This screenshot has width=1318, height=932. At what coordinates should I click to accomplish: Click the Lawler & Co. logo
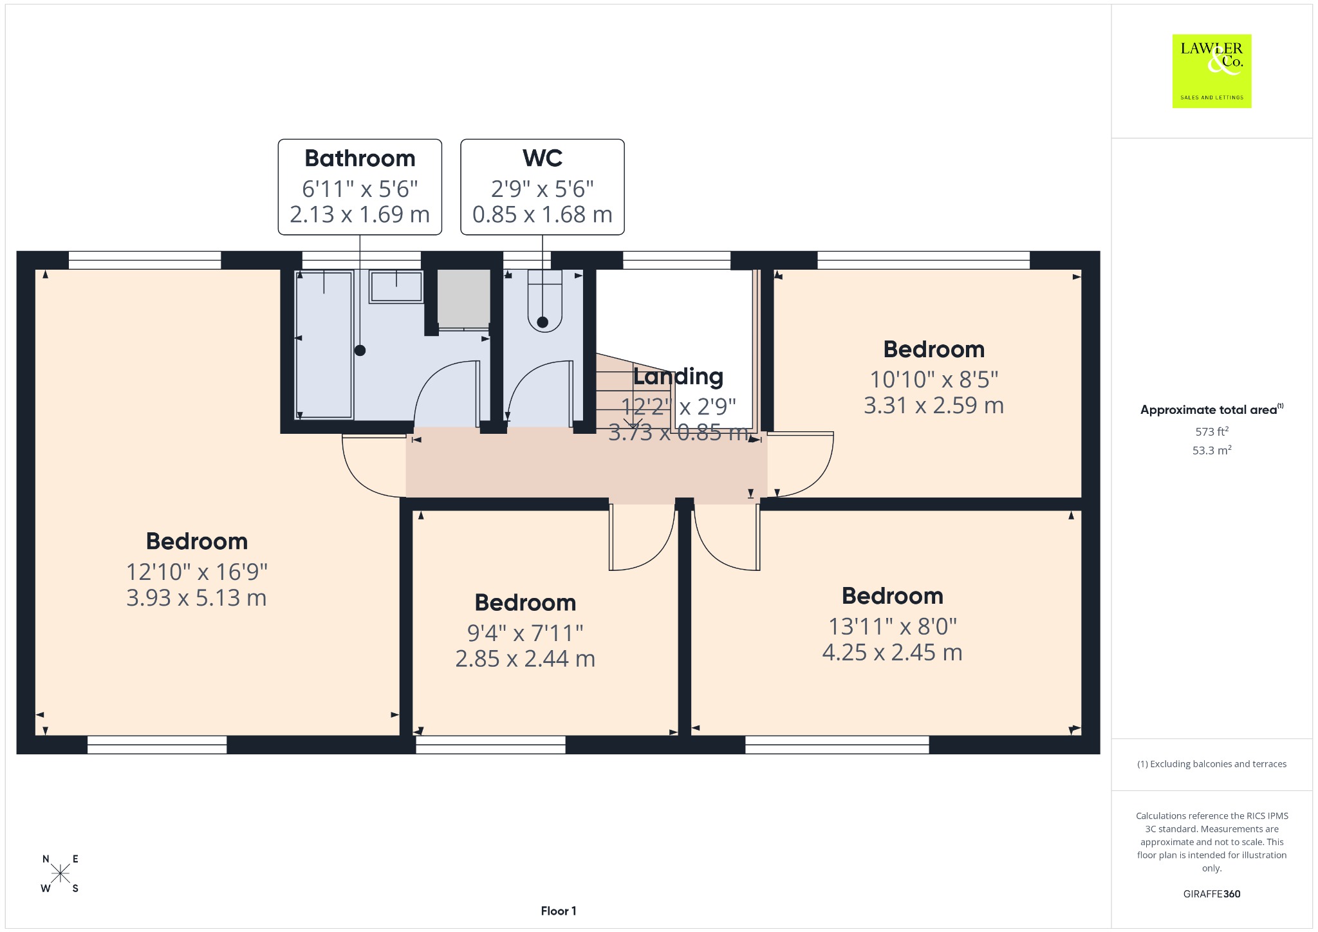(1212, 71)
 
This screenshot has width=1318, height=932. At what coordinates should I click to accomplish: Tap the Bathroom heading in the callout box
(360, 158)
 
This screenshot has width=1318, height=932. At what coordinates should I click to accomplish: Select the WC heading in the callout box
(543, 158)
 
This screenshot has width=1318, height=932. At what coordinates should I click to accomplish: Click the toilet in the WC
(544, 300)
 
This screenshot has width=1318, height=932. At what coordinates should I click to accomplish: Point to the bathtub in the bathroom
(324, 345)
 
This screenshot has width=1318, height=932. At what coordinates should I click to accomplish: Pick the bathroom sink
(396, 286)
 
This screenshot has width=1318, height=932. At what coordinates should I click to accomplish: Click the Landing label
(678, 377)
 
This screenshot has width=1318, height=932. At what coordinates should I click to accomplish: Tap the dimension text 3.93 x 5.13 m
(196, 598)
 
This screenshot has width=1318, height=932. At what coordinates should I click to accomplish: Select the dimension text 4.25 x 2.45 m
(892, 653)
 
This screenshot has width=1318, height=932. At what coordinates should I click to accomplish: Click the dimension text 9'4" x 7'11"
(525, 633)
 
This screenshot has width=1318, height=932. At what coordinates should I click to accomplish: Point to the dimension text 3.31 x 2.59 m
(934, 405)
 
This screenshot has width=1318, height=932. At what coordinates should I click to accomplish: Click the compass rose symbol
(60, 873)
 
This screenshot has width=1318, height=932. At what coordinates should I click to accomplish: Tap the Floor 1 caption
(559, 911)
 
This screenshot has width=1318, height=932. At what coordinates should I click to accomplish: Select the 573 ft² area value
(1212, 431)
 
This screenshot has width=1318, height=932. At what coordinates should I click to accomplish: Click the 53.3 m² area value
(1212, 450)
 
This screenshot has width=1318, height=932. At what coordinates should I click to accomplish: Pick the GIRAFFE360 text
(1212, 894)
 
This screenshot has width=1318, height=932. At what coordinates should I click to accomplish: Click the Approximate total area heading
(1212, 409)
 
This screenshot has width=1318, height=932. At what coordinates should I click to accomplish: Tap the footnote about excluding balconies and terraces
(1212, 764)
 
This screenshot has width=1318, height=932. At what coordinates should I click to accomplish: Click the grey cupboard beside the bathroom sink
(463, 298)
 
